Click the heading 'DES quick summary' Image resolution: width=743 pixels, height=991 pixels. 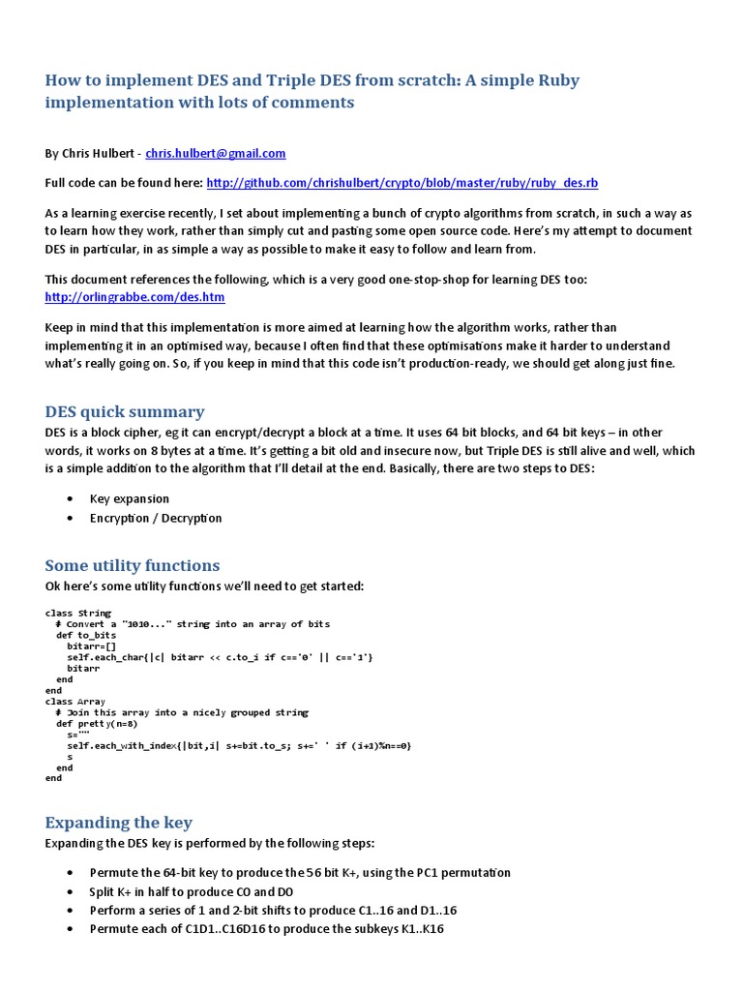pos(125,411)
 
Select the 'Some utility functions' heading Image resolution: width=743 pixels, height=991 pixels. pos(133,565)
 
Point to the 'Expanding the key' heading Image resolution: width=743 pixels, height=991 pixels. pos(119,823)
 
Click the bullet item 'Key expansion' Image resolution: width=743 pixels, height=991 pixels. pos(129,498)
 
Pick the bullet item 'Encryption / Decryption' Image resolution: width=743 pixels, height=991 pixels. pos(156,518)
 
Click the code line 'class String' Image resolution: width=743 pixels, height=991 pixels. pos(77,613)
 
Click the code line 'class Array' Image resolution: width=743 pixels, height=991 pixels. pos(75,701)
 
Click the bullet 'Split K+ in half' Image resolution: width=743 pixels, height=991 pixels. pos(192,891)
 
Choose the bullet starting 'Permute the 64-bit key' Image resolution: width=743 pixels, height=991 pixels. pos(300,873)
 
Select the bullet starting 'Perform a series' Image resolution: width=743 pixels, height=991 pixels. pos(273,911)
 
